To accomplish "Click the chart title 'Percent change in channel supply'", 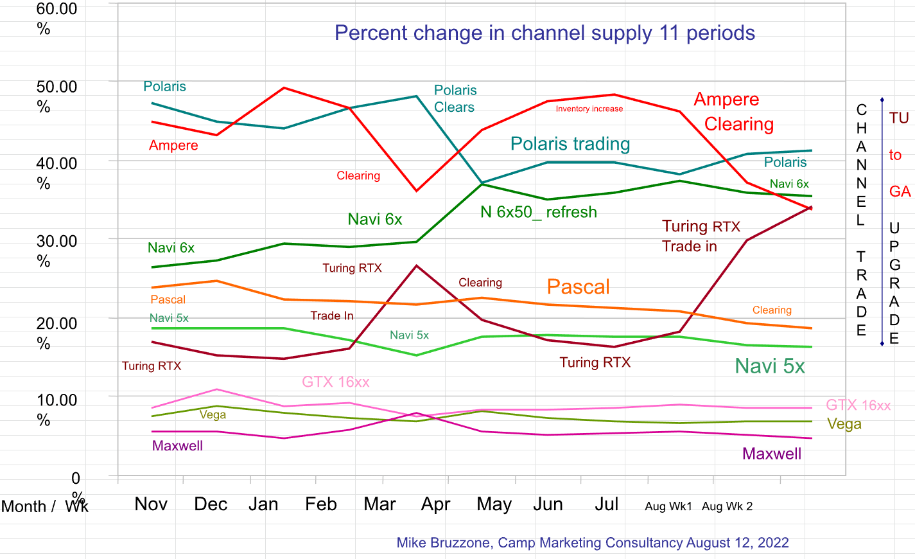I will click(545, 33).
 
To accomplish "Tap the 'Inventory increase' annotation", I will click(589, 109).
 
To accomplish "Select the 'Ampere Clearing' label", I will click(733, 112).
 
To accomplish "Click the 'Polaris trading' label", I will click(570, 144).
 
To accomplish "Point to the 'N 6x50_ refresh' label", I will click(538, 212).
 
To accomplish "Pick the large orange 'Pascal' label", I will click(578, 287).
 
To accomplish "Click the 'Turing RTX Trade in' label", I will click(701, 236).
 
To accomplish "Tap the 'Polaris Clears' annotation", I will click(455, 99).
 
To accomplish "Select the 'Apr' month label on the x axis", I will click(435, 504).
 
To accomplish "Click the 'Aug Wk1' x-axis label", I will click(668, 506).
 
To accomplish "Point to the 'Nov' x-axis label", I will click(151, 504).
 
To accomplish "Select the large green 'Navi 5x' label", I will click(769, 366).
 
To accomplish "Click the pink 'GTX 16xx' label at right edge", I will click(858, 405).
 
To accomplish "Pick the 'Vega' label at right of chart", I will click(844, 424).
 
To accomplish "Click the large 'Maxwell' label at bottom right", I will click(771, 454).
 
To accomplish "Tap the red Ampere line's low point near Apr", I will click(417, 191).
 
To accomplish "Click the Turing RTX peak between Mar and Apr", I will click(417, 265).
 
